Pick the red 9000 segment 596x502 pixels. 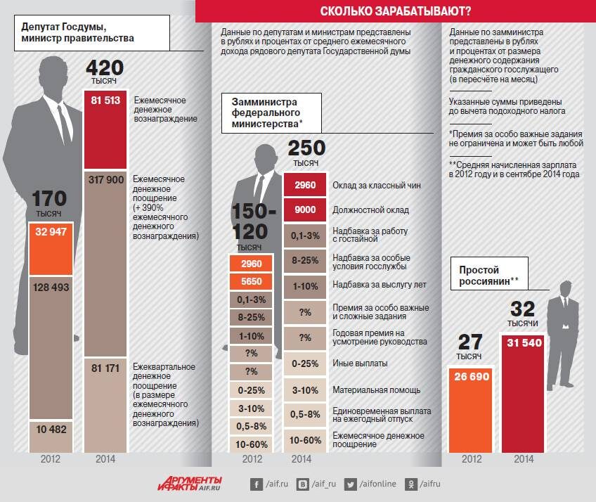point(305,210)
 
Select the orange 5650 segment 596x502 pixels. point(251,281)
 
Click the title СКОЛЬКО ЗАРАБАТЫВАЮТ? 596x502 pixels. point(395,11)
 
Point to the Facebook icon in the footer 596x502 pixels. point(257,484)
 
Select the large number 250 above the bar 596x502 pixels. point(306,148)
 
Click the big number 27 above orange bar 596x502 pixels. point(470,342)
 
